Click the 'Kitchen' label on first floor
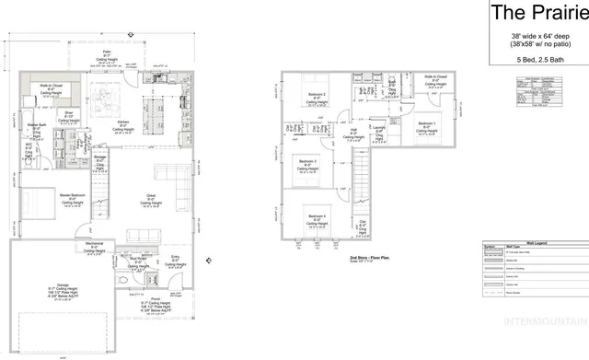point(122,121)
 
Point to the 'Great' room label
point(150,195)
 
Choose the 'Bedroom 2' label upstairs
point(317,95)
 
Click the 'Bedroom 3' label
point(307,161)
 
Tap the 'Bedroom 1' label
point(426,122)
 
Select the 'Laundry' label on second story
point(379,129)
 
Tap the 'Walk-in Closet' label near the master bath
point(51,85)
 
